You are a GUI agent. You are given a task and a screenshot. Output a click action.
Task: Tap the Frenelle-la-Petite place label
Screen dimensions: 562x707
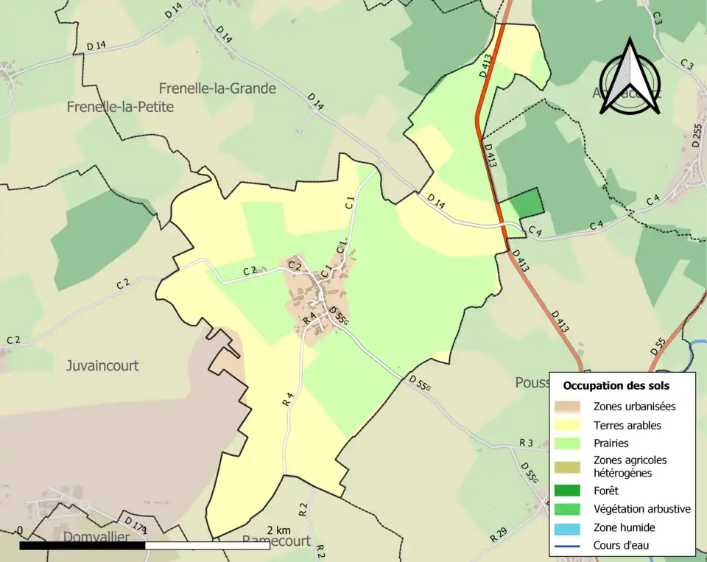click(x=120, y=107)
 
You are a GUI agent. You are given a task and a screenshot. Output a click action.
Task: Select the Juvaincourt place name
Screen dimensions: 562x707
click(x=102, y=365)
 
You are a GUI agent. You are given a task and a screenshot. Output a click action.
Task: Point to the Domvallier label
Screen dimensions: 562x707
click(x=96, y=537)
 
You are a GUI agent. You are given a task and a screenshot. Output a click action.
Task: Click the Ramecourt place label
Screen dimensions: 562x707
click(x=276, y=540)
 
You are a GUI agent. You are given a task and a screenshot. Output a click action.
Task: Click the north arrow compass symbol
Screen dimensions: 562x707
click(x=630, y=77)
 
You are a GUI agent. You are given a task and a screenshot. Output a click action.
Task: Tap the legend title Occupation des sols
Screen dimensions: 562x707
click(x=617, y=385)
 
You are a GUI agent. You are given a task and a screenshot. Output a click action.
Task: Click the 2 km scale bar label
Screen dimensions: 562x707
click(x=278, y=530)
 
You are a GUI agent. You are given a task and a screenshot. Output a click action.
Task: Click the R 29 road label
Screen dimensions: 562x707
click(x=499, y=535)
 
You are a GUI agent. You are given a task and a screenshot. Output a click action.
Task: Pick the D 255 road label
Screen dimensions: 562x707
click(x=697, y=135)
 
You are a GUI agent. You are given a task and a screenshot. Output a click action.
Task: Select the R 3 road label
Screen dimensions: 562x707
click(x=526, y=443)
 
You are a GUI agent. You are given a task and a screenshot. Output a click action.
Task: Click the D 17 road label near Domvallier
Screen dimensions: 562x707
click(x=136, y=524)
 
